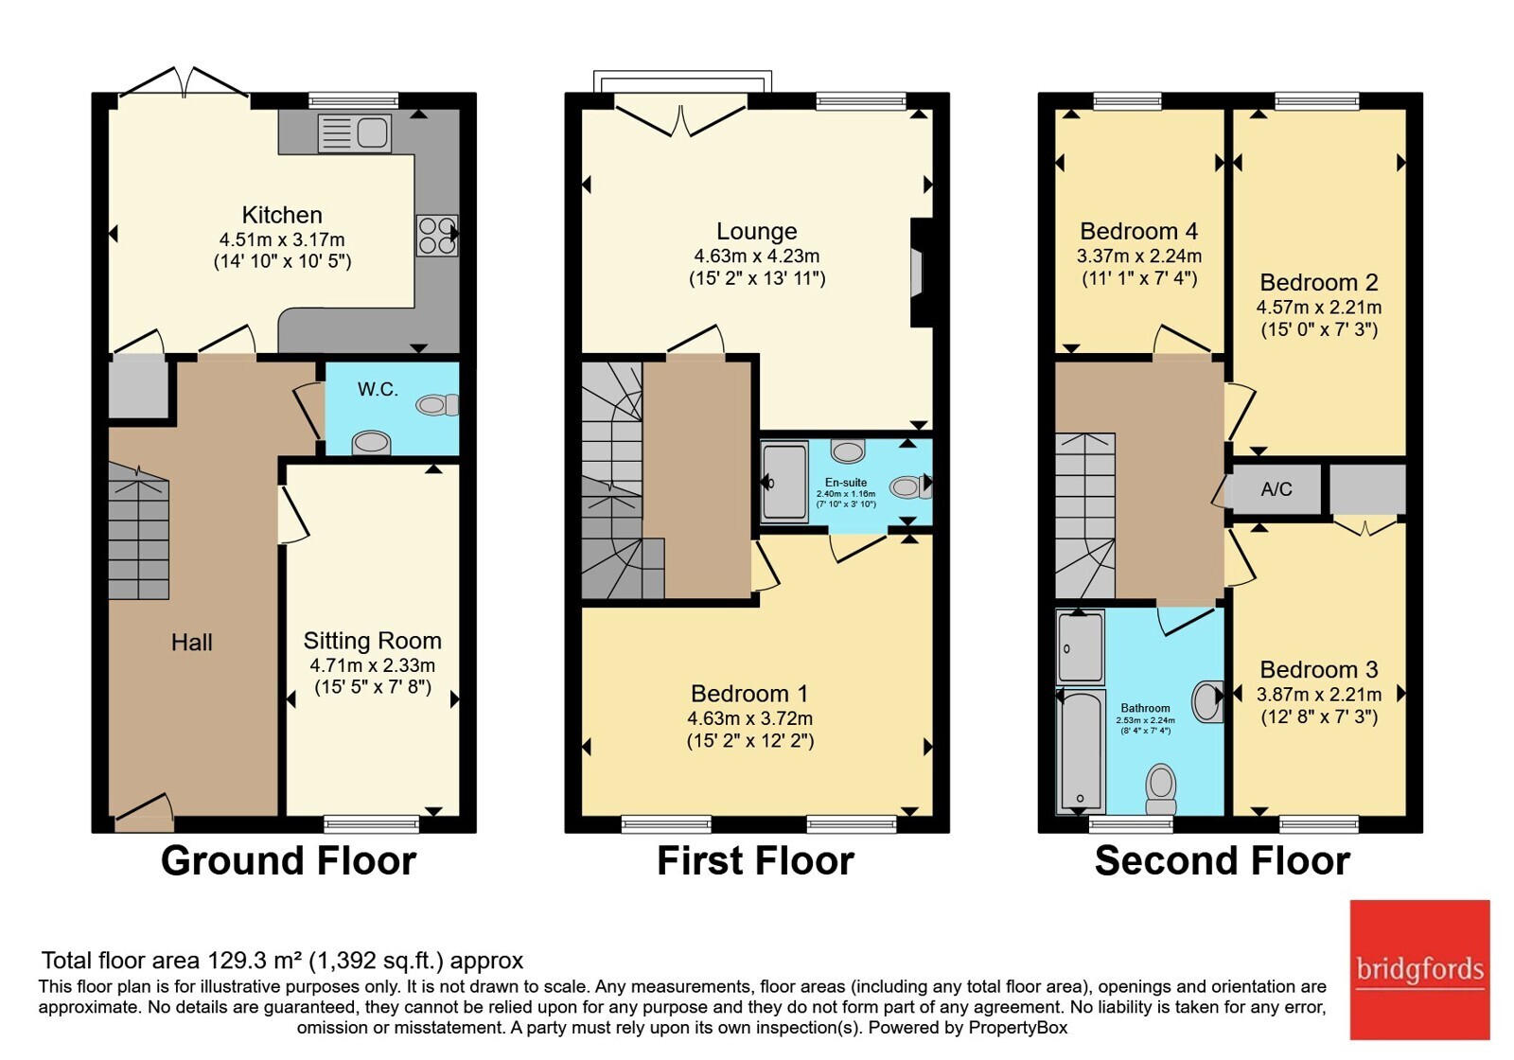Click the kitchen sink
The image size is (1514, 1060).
[354, 132]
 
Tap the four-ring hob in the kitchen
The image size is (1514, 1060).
[436, 236]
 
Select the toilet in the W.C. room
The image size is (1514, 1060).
[437, 405]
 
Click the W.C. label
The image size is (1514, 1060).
[378, 389]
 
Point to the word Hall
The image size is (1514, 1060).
[191, 643]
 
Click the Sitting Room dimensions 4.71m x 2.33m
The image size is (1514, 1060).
[373, 665]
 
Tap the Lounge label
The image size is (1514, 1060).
[756, 231]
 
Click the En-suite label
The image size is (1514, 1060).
[846, 482]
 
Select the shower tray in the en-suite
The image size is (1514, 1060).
[784, 482]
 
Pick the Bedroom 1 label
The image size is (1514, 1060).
[749, 694]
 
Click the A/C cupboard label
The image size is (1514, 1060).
[1276, 488]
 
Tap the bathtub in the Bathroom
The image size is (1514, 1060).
[1081, 751]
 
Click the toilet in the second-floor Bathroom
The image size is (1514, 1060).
[1161, 789]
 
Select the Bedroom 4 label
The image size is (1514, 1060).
[1139, 231]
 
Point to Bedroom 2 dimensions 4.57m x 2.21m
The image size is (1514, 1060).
[1319, 308]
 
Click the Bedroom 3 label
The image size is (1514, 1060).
[1319, 669]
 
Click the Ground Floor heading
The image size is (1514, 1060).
[289, 860]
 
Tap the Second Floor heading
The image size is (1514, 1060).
[1223, 860]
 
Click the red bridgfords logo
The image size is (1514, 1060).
[1420, 969]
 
